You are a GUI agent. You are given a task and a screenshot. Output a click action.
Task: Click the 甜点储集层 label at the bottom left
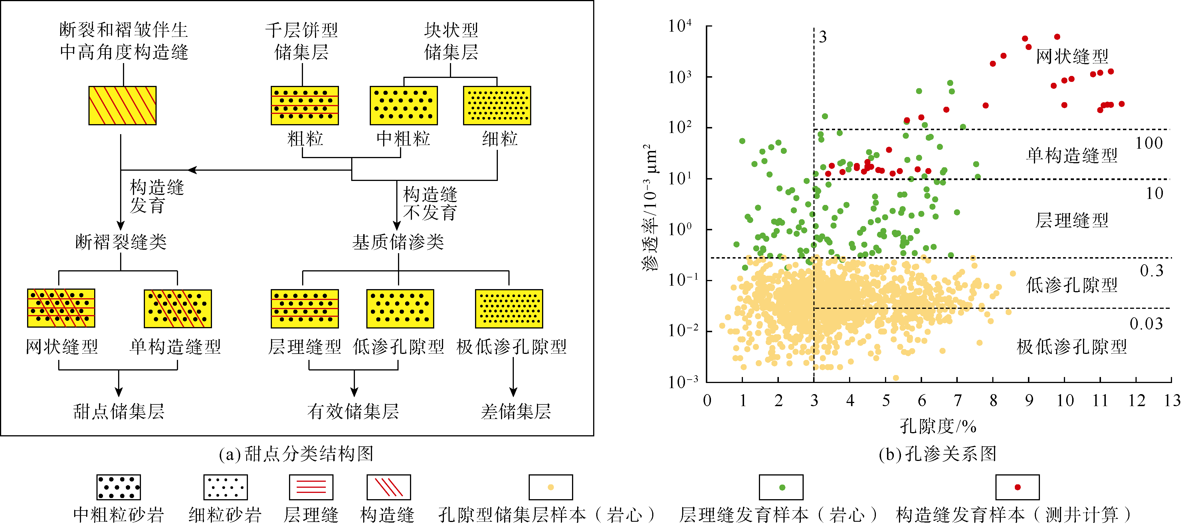pyautogui.click(x=119, y=411)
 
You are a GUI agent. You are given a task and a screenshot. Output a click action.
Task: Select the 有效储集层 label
pyautogui.click(x=353, y=411)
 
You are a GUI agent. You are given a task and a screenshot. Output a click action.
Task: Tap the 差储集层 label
pyautogui.click(x=516, y=411)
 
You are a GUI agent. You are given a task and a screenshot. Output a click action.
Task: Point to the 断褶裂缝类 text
pyautogui.click(x=121, y=242)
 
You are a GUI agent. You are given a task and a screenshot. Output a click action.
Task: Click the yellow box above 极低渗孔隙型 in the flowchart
pyautogui.click(x=509, y=309)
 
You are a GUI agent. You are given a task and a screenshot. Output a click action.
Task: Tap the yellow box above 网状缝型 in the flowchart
pyautogui.click(x=61, y=308)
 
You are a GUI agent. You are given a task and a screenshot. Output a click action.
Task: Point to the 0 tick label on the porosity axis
pyautogui.click(x=707, y=401)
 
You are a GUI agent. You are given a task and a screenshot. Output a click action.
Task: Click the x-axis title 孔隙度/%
pyautogui.click(x=938, y=426)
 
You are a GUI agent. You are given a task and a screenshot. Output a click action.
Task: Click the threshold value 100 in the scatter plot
pyautogui.click(x=1149, y=143)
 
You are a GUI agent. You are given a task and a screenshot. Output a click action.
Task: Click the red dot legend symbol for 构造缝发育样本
pyautogui.click(x=1017, y=487)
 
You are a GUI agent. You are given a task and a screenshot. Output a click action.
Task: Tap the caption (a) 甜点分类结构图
pyautogui.click(x=296, y=454)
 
